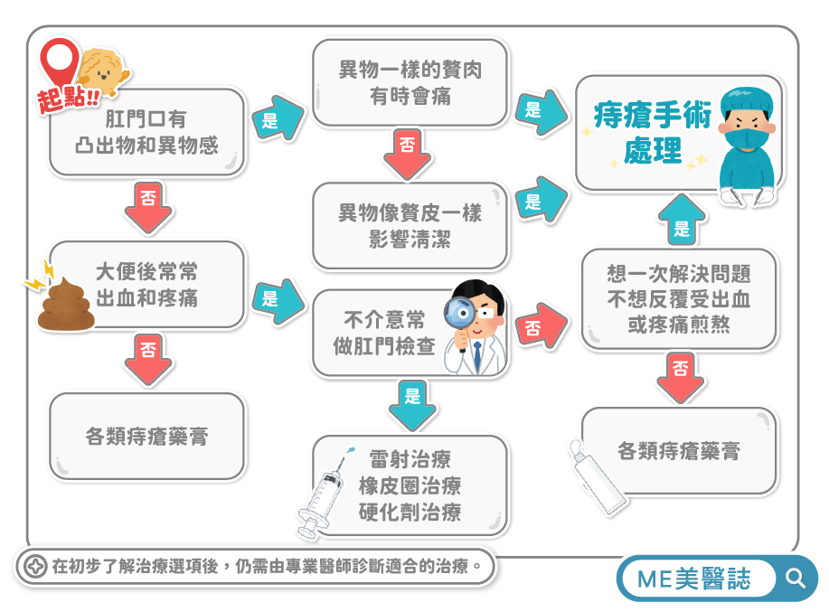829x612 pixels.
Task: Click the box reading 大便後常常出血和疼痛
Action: pyautogui.click(x=147, y=285)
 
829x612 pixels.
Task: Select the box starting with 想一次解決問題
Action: pyautogui.click(x=678, y=299)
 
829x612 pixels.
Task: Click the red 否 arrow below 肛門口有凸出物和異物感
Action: pyautogui.click(x=147, y=207)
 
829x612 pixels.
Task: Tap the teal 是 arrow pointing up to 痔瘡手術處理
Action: pyautogui.click(x=680, y=221)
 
